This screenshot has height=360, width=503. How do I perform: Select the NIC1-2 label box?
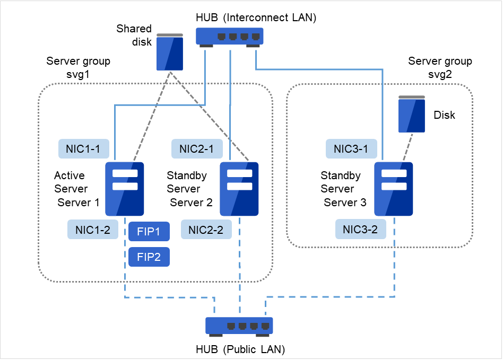coord(93,230)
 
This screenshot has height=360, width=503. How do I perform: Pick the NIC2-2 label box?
coord(206,230)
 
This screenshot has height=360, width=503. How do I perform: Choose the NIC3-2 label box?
coord(360,230)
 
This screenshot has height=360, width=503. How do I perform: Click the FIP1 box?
coord(149,231)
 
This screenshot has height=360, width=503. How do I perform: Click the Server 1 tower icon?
coord(125,189)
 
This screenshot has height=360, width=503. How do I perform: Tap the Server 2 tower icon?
coord(239,189)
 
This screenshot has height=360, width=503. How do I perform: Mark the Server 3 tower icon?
coord(393,189)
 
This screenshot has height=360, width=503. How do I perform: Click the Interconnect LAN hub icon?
coord(230,37)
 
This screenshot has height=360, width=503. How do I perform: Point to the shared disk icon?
coord(170,52)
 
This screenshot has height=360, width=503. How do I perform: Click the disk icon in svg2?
coord(412,114)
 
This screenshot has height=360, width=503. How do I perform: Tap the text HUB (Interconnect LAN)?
coord(256,17)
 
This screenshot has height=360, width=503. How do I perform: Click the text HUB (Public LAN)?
coord(240,349)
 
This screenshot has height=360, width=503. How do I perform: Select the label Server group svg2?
coord(440,67)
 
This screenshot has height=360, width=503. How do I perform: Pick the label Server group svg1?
coord(79,67)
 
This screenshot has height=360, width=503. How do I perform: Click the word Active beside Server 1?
coord(70,175)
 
